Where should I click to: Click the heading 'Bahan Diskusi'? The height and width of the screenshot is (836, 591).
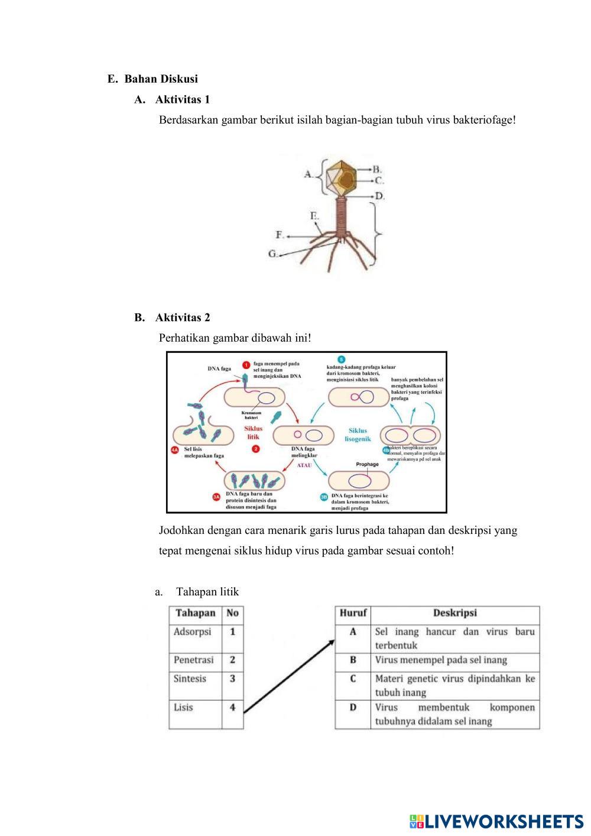coord(161,79)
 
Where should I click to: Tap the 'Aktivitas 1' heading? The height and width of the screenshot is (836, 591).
coord(182,99)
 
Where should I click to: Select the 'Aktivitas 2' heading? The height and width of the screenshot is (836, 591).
coord(182,317)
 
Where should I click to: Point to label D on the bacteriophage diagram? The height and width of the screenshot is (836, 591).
coord(379,196)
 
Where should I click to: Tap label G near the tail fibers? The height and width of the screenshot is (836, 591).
coord(273,254)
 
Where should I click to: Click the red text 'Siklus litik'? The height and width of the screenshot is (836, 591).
coord(254,432)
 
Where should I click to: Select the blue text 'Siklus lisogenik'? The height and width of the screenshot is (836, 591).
coord(358,435)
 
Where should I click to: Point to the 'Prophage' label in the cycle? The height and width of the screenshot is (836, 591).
coord(367,464)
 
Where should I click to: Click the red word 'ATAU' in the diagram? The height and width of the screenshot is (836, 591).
coord(304,465)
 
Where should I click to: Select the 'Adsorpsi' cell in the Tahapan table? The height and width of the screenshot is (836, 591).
coord(193,631)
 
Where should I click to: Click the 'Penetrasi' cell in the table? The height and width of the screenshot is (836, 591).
coord(194,660)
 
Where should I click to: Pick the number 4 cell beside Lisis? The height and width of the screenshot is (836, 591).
coord(232,707)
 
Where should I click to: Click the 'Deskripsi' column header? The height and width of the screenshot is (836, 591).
coord(454,613)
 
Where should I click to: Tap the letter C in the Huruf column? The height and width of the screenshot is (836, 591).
coord(353,678)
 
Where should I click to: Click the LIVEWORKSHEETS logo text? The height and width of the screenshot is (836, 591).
coord(502,821)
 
